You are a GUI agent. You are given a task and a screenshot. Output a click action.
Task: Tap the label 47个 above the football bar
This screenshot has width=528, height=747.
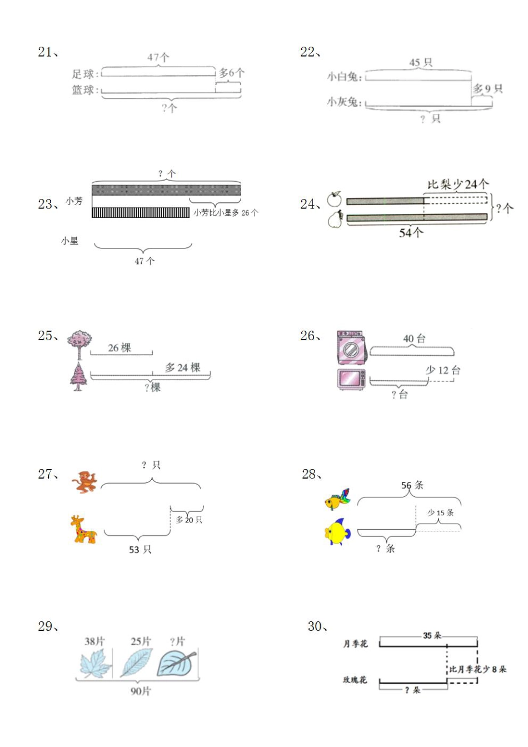pos(158,57)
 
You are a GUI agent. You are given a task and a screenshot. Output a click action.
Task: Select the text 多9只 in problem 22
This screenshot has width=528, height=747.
pos(487,89)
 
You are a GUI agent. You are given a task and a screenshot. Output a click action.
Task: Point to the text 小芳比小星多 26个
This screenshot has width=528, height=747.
pos(226,212)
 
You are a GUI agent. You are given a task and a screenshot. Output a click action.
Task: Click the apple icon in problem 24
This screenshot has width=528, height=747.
pos(334,199)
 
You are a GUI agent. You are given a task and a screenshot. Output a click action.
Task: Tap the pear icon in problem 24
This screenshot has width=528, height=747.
pos(335,219)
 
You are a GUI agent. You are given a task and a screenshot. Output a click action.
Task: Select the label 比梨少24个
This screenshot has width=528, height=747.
pos(458,184)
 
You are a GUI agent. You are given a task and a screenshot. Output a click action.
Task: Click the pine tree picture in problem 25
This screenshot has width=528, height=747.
pos(78,376)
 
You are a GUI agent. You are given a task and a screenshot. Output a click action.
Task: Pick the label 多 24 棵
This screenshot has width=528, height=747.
pos(182,367)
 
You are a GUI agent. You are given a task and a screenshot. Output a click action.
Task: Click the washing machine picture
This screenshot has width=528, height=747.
pos(351,348)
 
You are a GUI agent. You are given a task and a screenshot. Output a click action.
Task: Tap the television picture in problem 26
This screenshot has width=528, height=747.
pos(352,379)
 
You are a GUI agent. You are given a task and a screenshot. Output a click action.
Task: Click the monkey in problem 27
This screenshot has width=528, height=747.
pos(85,482)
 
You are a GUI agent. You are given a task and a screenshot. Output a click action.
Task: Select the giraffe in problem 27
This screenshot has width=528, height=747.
pos(83,529)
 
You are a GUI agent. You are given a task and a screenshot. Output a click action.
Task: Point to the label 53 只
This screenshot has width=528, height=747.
pos(140,550)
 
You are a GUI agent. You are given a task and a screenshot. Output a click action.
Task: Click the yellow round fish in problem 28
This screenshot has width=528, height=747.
pos(337,532)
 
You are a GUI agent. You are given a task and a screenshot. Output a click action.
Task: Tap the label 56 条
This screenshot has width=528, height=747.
pos(412,485)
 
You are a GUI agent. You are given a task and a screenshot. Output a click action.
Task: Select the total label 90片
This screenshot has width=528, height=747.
pos(140,691)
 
